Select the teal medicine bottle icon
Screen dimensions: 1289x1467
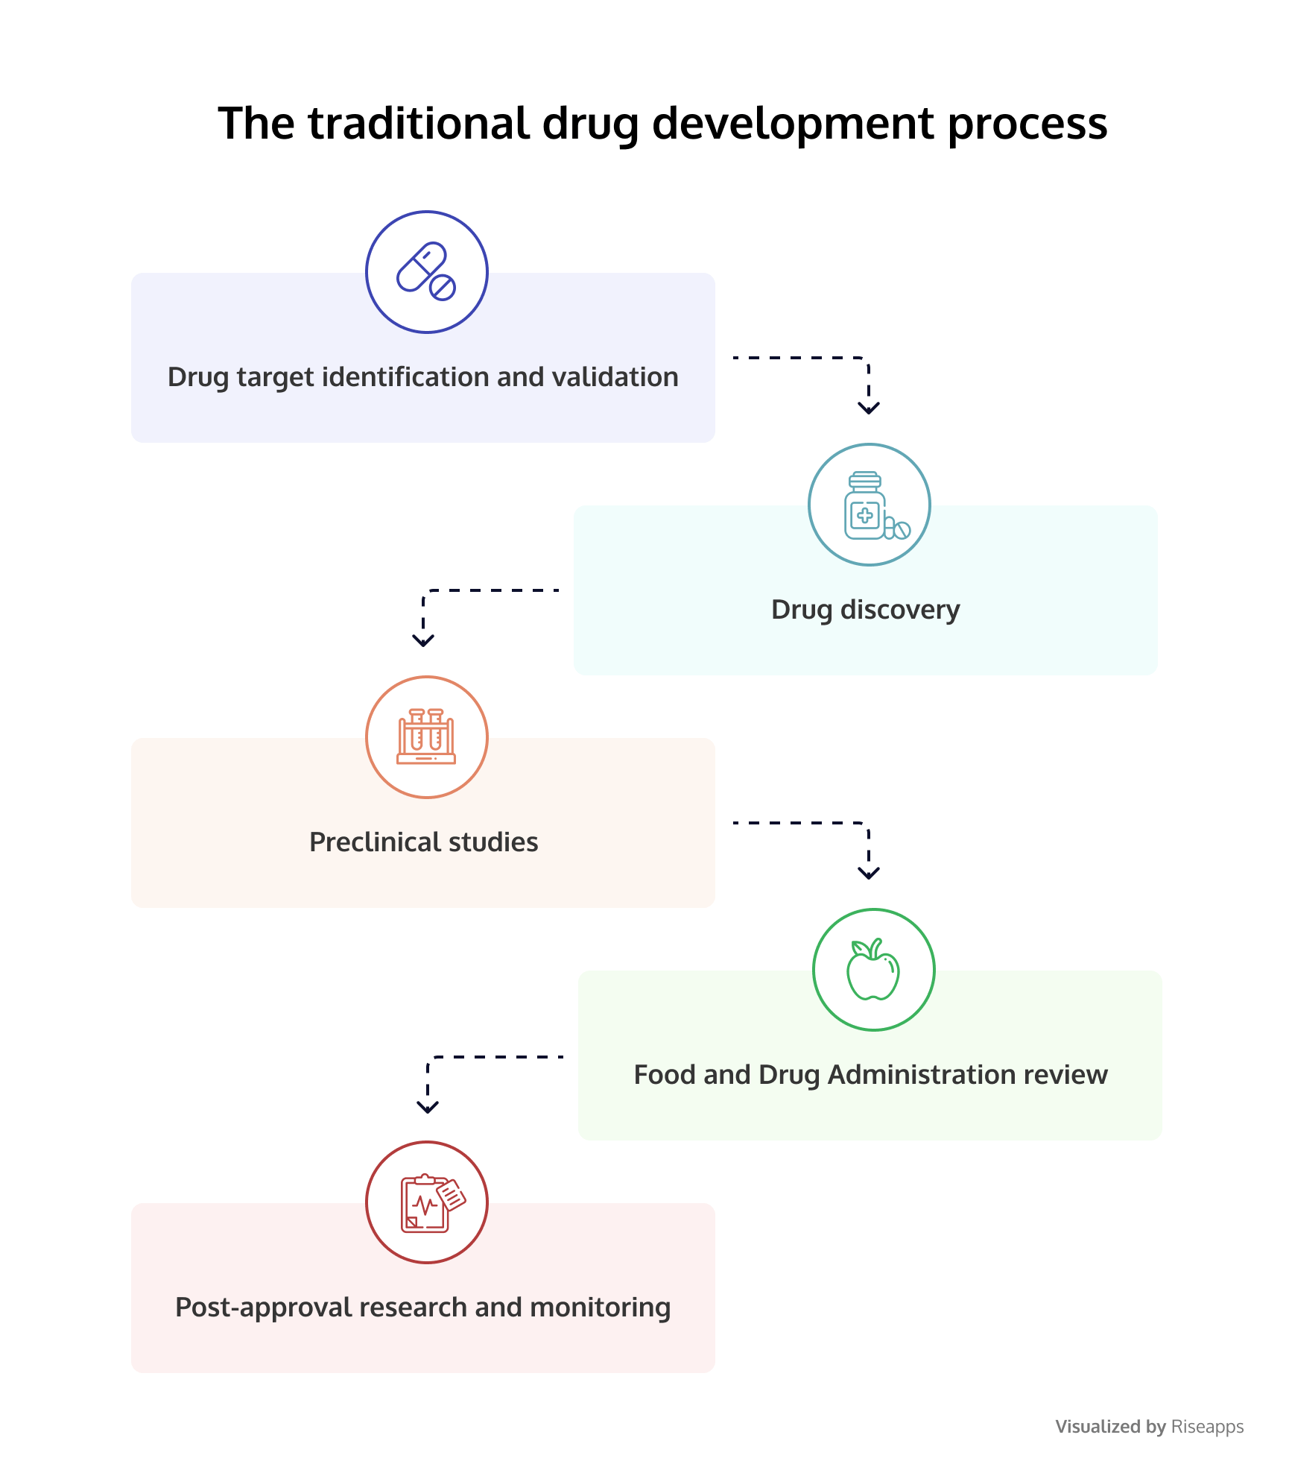click(876, 505)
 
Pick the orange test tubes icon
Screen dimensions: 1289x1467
click(426, 736)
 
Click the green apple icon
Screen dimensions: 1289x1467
click(873, 969)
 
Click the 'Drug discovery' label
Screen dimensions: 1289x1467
click(866, 610)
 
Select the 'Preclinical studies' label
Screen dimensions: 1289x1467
click(424, 842)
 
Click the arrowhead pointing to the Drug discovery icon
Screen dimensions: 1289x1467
click(869, 408)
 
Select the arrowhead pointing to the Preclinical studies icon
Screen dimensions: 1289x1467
click(423, 640)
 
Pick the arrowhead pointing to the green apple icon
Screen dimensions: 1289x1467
click(869, 873)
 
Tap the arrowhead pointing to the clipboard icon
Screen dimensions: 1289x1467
click(428, 1107)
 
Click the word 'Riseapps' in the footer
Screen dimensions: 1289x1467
click(1207, 1427)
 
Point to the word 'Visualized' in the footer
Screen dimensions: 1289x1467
click(1098, 1427)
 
